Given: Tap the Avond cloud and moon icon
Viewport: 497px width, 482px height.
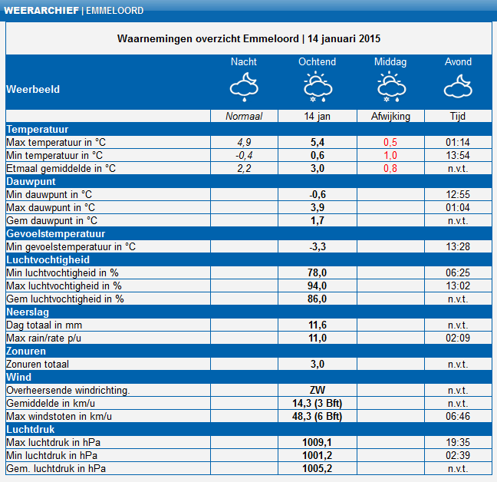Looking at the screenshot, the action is [x=458, y=86].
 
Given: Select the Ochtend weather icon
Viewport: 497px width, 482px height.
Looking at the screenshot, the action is [x=318, y=87].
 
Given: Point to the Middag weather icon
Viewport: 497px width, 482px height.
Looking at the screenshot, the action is [x=391, y=87].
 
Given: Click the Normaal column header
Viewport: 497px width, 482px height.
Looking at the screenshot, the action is [x=244, y=117].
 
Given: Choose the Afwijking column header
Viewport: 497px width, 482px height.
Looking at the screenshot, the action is [x=390, y=117].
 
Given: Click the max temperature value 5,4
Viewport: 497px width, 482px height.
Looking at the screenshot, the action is [x=318, y=143].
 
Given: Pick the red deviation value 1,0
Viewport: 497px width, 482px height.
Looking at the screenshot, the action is [x=390, y=155].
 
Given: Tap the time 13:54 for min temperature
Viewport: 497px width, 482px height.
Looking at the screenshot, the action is [x=458, y=155].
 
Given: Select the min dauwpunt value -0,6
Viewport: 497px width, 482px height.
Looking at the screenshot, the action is [x=318, y=194].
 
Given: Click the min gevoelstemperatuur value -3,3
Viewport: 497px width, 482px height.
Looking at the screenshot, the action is [x=318, y=246].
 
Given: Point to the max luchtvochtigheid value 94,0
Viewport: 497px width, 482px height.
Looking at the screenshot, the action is [x=317, y=286].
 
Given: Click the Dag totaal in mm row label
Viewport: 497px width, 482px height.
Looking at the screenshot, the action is [x=44, y=325].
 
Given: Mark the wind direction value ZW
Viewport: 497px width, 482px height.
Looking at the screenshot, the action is [x=318, y=390].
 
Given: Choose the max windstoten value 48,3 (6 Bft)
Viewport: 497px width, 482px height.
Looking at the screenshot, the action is [x=317, y=416].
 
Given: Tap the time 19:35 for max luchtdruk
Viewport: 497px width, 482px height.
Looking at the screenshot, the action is [x=458, y=442].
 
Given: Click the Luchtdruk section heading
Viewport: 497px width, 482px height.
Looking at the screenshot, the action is [x=31, y=429].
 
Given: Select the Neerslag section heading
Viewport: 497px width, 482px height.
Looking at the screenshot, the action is [x=28, y=312].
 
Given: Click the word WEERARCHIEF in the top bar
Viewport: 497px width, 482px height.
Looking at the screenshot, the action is [x=41, y=11].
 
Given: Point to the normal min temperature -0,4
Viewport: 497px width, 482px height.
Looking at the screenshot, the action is [x=244, y=155].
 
